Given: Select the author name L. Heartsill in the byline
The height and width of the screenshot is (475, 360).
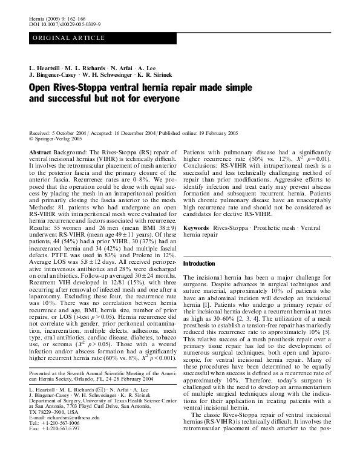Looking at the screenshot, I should pos(48,66).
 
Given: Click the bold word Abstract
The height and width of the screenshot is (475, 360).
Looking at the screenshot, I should pos(40,153).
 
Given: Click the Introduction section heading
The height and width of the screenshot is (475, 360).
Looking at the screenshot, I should pos(199,264).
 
